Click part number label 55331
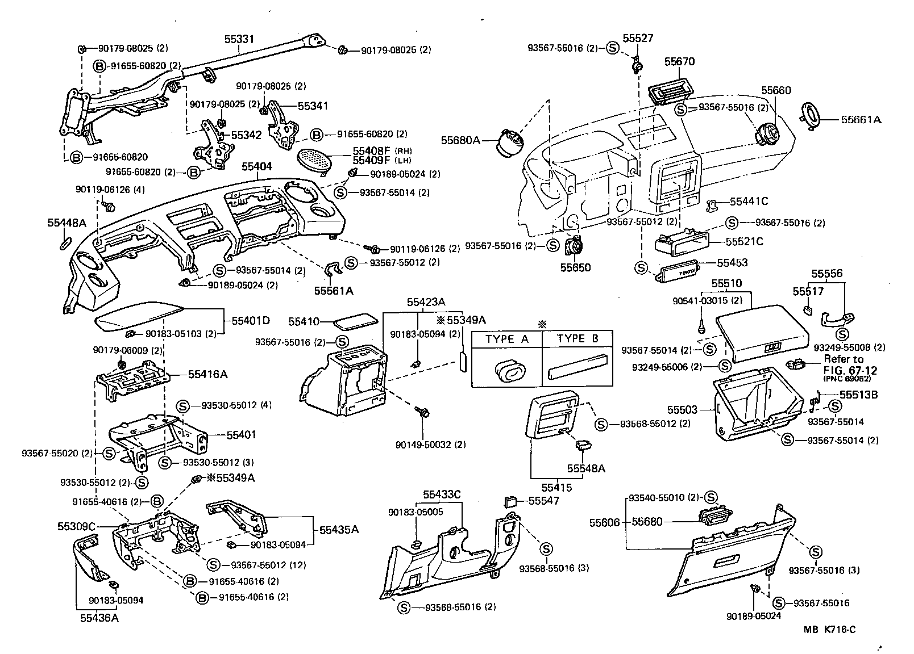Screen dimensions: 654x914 click(238, 39)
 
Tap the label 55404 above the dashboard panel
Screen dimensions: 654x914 click(256, 167)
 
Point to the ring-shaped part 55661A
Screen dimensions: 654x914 click(811, 116)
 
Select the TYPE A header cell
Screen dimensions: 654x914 click(507, 339)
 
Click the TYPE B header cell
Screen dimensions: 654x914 click(578, 339)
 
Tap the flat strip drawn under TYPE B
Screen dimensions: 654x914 click(578, 367)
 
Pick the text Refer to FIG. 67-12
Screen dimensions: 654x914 click(843, 364)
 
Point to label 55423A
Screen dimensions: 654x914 click(425, 303)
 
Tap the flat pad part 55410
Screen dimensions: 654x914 click(355, 321)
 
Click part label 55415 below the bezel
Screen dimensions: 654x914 click(556, 487)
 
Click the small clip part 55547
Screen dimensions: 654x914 click(510, 501)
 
